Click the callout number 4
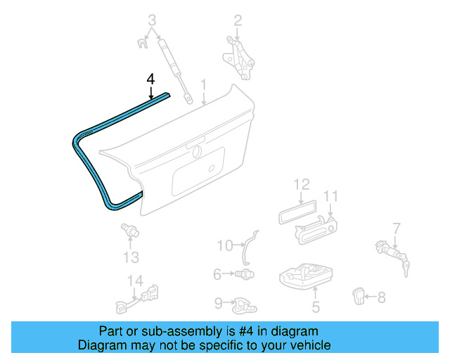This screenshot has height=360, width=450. (150, 79)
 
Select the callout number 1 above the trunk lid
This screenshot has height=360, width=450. (203, 86)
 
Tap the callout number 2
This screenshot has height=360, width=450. (238, 20)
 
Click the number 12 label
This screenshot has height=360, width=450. (301, 185)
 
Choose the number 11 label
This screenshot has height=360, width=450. (331, 196)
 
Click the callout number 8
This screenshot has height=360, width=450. (381, 297)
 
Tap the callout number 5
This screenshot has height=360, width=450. (316, 307)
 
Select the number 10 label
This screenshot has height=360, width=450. (224, 245)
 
